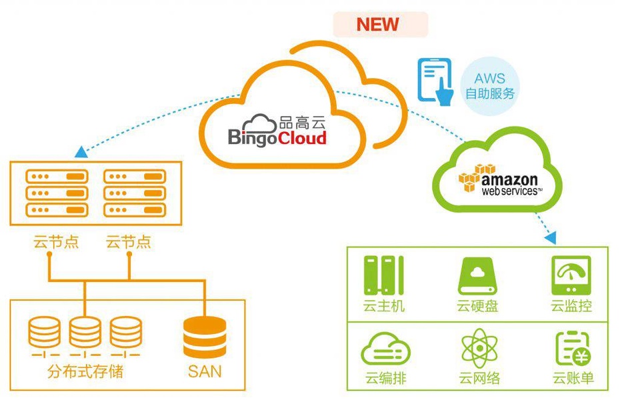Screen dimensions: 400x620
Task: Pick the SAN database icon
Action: [205, 337]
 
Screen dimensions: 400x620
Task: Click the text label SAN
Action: [205, 371]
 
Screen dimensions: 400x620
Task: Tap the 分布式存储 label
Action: [85, 371]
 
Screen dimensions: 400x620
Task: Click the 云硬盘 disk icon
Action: [477, 276]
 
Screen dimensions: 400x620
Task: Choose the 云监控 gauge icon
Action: [571, 276]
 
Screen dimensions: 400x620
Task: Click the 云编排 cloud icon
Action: [385, 349]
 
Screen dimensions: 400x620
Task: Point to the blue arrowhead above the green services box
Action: [551, 237]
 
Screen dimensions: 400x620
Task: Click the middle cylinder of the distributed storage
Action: [85, 331]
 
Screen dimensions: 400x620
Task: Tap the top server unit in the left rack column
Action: [57, 177]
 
